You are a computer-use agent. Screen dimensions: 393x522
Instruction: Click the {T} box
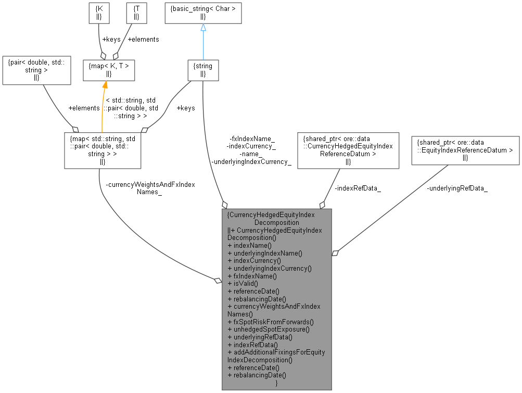point(136,14)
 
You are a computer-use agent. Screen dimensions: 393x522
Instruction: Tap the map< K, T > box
point(109,70)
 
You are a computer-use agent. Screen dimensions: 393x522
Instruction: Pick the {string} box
point(203,70)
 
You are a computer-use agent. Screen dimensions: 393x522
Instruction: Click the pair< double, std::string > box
point(36,70)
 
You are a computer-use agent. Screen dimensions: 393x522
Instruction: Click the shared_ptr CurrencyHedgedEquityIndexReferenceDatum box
point(348,150)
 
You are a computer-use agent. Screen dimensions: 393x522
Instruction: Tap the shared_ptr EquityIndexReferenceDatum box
point(465,150)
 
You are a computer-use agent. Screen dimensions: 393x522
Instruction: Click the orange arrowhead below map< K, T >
point(105,85)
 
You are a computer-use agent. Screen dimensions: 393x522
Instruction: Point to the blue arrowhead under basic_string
point(203,28)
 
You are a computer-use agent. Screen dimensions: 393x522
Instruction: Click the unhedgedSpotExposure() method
point(269,329)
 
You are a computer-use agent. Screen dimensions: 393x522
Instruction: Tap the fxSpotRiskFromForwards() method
point(271,322)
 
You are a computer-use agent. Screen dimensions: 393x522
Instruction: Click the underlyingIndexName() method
point(265,253)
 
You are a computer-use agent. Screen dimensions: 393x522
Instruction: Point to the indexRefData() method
point(253,345)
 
